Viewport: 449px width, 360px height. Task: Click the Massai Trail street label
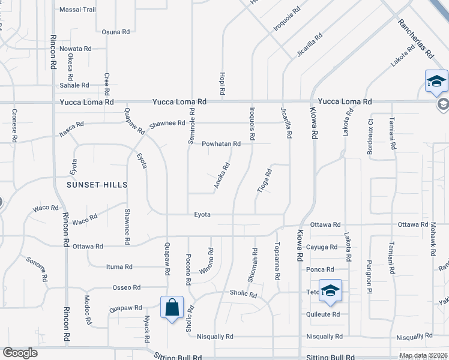(x=77, y=10)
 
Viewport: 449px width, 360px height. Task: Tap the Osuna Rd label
(x=116, y=32)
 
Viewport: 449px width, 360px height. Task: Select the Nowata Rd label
(x=76, y=49)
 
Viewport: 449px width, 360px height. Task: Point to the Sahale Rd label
(x=74, y=85)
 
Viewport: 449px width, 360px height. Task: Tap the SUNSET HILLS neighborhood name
(x=97, y=185)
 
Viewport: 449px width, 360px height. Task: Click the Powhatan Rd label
(x=221, y=144)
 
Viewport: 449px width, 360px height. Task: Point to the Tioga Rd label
(x=265, y=180)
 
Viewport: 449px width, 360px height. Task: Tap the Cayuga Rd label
(x=322, y=247)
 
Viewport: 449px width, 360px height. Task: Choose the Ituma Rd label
(x=119, y=267)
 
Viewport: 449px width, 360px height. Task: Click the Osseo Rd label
(x=126, y=287)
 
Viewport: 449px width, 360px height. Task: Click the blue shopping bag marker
(x=172, y=308)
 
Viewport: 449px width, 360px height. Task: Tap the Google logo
(x=20, y=353)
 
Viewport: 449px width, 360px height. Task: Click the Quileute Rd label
(x=323, y=314)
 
